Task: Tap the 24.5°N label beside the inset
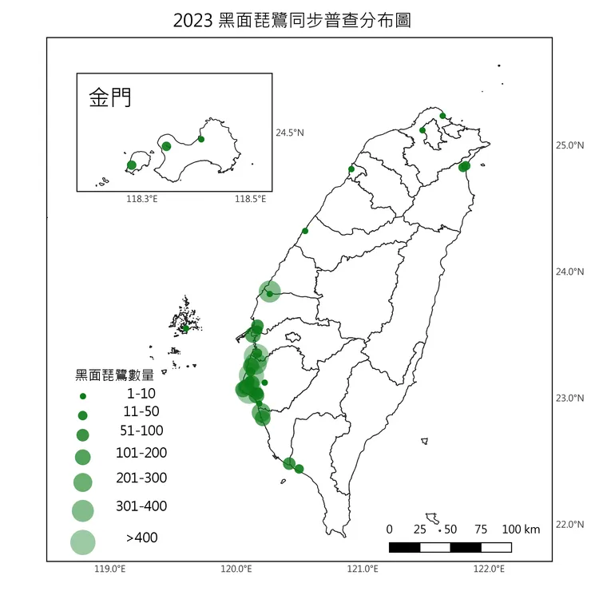coord(290,133)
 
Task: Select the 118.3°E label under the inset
coord(142,199)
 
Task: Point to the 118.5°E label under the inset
coord(250,199)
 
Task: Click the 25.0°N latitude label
coord(569,145)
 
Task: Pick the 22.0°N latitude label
coord(569,525)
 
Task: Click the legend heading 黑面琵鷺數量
coord(114,375)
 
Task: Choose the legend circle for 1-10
coord(82,395)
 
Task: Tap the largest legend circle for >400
coord(82,542)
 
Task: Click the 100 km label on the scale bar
coord(522,530)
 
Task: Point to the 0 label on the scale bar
coord(389,530)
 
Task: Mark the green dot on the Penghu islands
coord(185,327)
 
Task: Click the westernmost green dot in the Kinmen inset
coord(132,165)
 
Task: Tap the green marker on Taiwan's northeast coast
coord(464,166)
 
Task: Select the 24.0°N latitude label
coord(569,272)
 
